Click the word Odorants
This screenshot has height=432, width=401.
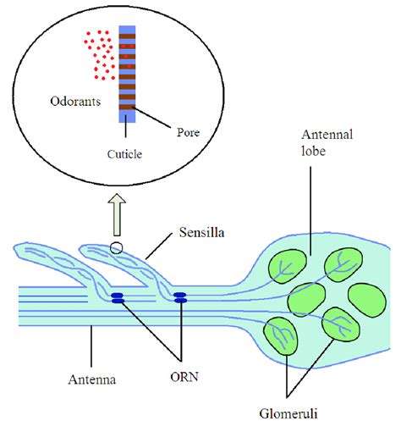click(75, 102)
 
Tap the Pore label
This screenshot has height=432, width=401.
click(188, 132)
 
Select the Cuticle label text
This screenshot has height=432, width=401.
click(124, 154)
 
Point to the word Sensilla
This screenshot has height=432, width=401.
click(202, 232)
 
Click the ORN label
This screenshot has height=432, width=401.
click(184, 377)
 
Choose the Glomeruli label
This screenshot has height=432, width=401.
click(288, 413)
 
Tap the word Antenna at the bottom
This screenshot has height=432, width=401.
click(92, 379)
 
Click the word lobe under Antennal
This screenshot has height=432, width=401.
click(313, 151)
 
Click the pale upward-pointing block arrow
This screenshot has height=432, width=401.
click(117, 214)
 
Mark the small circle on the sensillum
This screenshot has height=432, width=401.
click(117, 248)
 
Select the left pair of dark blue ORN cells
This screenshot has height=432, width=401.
click(118, 298)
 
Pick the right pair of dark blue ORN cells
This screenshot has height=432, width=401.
click(180, 297)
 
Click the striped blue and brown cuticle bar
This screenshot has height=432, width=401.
click(127, 74)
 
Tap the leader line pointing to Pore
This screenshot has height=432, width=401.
click(151, 118)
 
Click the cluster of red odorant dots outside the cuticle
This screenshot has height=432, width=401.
click(100, 55)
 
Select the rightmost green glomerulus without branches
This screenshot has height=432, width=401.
click(367, 301)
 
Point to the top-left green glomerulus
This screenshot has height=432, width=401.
click(287, 266)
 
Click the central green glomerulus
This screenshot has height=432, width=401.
click(306, 299)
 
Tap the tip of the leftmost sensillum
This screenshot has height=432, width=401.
click(14, 248)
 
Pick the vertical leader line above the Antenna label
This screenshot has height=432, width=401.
click(91, 346)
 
